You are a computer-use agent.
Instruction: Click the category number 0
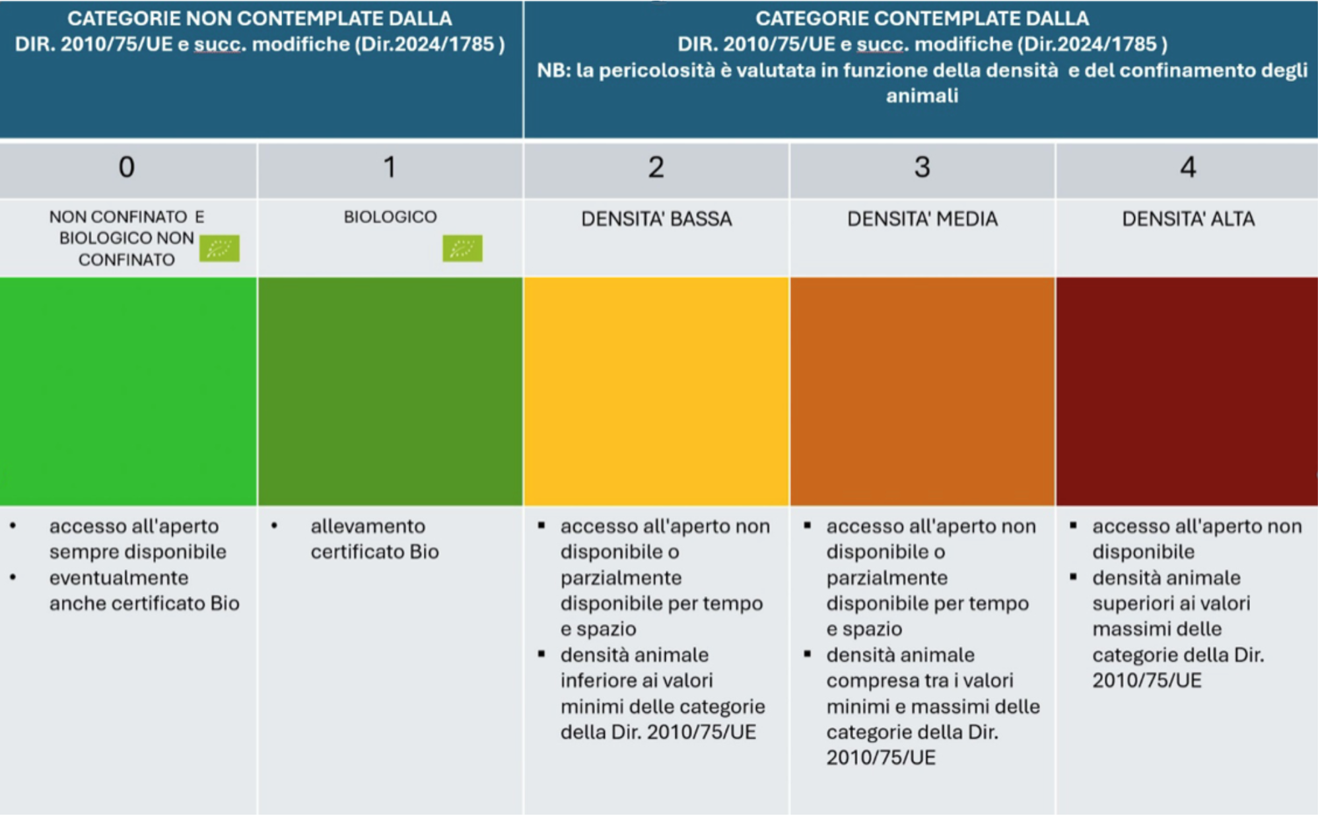(x=127, y=167)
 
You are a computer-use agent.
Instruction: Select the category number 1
(x=390, y=167)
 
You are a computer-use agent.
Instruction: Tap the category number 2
(x=656, y=167)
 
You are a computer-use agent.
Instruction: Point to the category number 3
(x=922, y=167)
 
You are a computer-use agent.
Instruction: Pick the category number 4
(x=1188, y=167)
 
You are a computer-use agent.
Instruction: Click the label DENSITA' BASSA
(x=656, y=219)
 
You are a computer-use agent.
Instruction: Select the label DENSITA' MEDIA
(x=922, y=219)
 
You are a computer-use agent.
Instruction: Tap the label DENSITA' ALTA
(x=1188, y=219)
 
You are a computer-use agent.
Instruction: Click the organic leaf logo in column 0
(x=219, y=248)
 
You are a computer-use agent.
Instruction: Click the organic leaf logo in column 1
(x=462, y=248)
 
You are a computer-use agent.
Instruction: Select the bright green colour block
(x=128, y=391)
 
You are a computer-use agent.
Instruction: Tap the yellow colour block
(x=656, y=391)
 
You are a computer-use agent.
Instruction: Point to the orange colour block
(x=922, y=391)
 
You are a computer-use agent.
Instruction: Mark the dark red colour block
(x=1187, y=391)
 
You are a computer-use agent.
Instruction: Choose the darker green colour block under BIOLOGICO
(x=390, y=391)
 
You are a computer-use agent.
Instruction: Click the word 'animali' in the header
(x=922, y=96)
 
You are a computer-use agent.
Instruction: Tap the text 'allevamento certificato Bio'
(x=374, y=539)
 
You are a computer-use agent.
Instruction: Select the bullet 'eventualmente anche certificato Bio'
(x=144, y=590)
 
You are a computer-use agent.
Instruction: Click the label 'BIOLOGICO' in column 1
(x=390, y=217)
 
